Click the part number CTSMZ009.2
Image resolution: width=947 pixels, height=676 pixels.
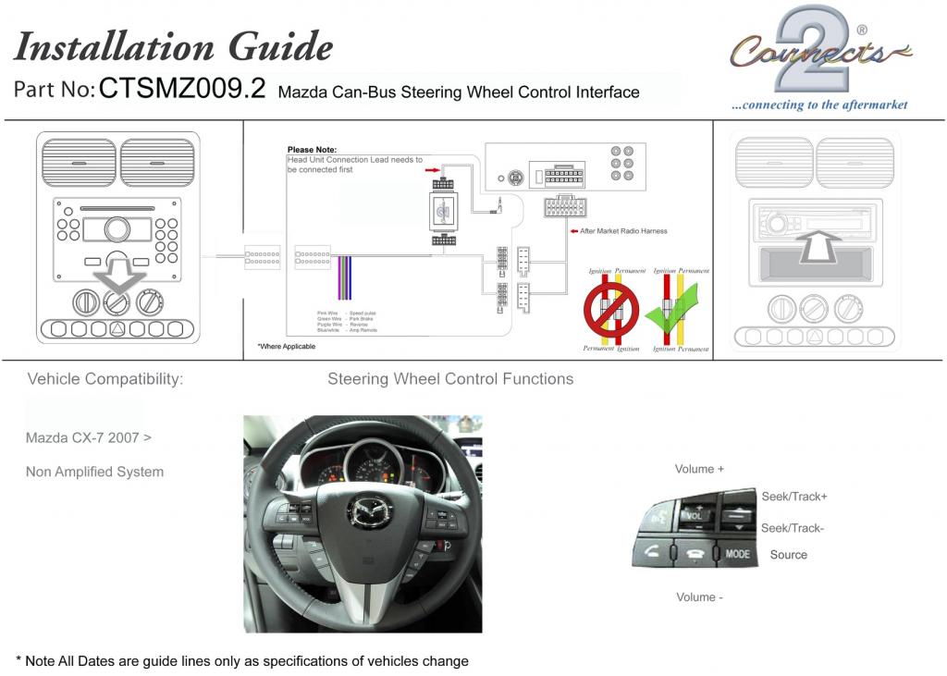[181, 89]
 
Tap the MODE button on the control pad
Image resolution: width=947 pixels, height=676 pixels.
[737, 554]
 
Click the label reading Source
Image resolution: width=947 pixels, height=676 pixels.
[788, 555]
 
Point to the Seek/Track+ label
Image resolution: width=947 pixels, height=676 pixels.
[793, 497]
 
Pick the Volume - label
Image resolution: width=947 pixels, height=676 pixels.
[699, 597]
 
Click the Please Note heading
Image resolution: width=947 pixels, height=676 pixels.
[312, 150]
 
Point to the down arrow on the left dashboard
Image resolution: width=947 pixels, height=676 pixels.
[117, 276]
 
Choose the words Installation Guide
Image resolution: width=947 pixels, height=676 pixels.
[173, 46]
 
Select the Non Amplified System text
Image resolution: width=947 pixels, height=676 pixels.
[94, 472]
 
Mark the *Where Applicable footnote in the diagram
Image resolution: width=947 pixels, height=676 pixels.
[286, 346]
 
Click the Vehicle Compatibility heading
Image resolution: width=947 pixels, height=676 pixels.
[105, 379]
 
